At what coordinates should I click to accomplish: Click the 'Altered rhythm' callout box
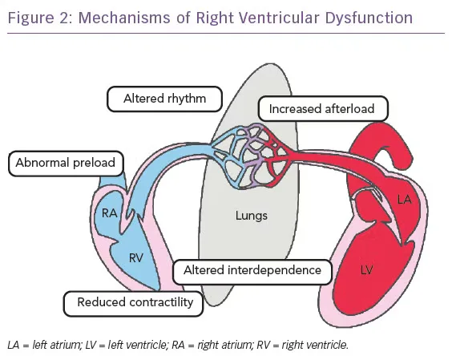(x=164, y=99)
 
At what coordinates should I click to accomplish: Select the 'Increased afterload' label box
(x=323, y=109)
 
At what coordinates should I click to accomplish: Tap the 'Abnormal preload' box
(x=66, y=164)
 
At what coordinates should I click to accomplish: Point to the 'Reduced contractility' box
(x=133, y=304)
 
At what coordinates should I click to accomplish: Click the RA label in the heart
(x=110, y=213)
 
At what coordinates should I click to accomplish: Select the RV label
(x=136, y=258)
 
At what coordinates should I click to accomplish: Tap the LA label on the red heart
(x=404, y=200)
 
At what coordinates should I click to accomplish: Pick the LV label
(x=366, y=270)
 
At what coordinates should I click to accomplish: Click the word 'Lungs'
(x=252, y=216)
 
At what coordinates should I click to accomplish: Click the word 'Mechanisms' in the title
(x=124, y=18)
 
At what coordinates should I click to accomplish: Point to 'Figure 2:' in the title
(x=41, y=18)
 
